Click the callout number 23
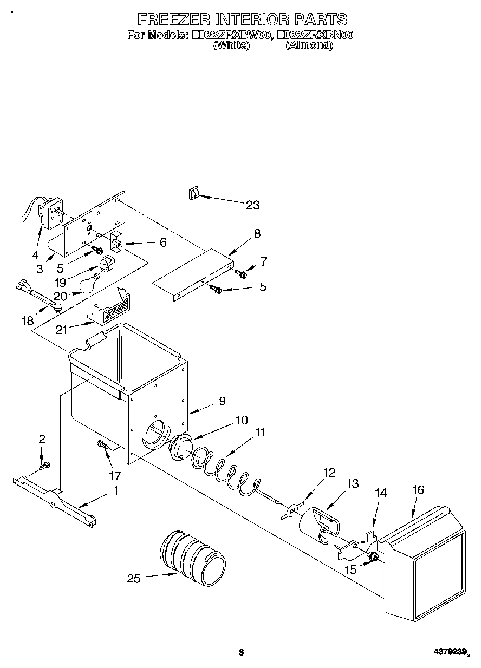[252, 205]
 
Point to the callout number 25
[133, 579]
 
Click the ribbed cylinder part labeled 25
[193, 557]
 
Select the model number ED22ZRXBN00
[315, 36]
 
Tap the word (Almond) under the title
[309, 45]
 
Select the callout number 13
[353, 483]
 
